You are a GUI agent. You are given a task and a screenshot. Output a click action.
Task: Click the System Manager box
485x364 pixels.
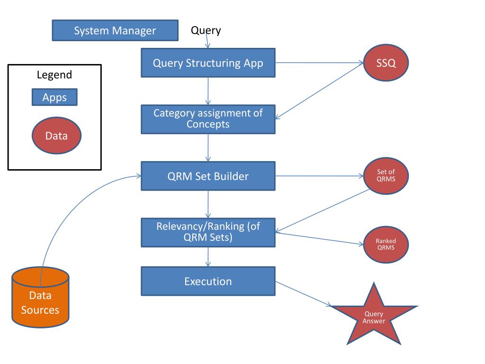(x=115, y=30)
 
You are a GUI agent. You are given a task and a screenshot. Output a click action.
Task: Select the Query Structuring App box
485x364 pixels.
(x=208, y=63)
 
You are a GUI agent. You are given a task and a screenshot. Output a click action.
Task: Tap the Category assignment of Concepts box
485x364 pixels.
(x=208, y=119)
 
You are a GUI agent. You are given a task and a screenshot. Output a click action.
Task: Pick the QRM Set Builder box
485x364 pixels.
(x=208, y=176)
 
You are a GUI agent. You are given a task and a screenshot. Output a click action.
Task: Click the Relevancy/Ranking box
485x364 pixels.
(x=208, y=232)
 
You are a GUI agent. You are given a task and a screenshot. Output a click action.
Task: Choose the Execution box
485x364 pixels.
(x=208, y=281)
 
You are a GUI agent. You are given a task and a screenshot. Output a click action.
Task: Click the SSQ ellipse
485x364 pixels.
(x=386, y=63)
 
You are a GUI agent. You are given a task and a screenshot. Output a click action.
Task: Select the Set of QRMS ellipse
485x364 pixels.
(x=386, y=176)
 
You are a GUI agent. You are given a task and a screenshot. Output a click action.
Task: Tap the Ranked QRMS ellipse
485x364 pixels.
(x=386, y=245)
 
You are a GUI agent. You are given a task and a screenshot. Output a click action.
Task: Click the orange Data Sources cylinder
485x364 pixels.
(x=40, y=298)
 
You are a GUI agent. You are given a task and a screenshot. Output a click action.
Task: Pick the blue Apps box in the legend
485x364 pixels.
(x=54, y=97)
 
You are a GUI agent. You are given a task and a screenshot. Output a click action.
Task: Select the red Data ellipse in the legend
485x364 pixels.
(x=56, y=135)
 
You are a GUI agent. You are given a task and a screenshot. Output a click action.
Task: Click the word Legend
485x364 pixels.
(x=54, y=74)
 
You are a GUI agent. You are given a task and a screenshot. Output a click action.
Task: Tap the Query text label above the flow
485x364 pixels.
(x=206, y=30)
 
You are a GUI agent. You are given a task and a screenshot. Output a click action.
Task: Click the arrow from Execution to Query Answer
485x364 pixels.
(x=304, y=294)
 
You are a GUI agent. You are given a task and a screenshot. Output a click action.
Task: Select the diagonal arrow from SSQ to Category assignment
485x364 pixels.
(x=319, y=91)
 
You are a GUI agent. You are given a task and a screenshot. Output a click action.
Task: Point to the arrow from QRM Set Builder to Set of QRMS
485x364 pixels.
(x=319, y=176)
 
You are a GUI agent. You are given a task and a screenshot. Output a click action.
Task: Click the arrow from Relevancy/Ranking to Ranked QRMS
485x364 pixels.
(x=319, y=239)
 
